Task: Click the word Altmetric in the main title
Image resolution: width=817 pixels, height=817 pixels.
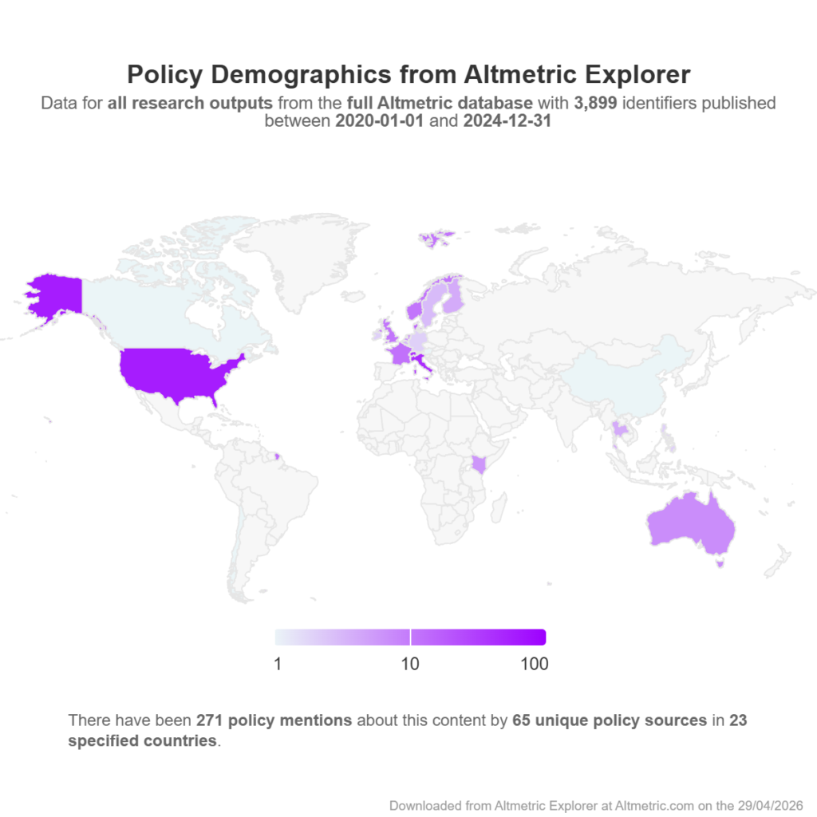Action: (x=520, y=74)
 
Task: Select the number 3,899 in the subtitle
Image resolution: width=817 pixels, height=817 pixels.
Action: (x=595, y=103)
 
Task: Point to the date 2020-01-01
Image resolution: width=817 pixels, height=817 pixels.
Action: (x=379, y=121)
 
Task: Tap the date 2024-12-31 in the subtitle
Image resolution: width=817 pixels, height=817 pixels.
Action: (x=507, y=121)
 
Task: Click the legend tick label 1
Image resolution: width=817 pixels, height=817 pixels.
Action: (x=278, y=664)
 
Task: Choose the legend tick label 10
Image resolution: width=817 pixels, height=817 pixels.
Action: (x=410, y=664)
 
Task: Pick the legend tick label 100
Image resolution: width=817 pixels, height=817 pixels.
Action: (x=534, y=664)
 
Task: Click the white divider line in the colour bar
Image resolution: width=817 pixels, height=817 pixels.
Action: (x=411, y=637)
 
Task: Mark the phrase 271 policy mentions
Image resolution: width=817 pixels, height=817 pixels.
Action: (x=274, y=720)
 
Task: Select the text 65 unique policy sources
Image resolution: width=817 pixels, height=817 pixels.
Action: (x=610, y=720)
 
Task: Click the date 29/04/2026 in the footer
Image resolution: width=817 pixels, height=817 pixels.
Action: (x=770, y=806)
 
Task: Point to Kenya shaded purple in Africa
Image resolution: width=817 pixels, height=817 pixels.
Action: (x=479, y=464)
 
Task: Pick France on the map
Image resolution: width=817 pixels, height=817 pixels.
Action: (x=401, y=353)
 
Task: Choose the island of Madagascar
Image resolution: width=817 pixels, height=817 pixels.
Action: (x=498, y=508)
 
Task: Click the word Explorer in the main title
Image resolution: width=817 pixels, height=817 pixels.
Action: (x=637, y=74)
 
